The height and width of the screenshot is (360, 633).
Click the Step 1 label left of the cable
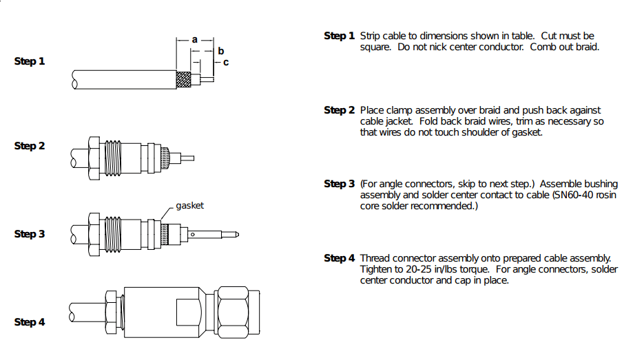click(x=30, y=61)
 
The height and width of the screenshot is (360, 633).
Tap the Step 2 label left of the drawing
click(x=30, y=146)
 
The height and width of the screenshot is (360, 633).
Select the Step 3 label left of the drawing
click(x=30, y=234)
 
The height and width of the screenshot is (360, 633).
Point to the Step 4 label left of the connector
click(x=30, y=322)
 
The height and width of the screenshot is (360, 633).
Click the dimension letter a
click(x=195, y=40)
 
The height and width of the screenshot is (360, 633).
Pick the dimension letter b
click(x=220, y=51)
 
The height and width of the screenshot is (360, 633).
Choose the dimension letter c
click(x=225, y=63)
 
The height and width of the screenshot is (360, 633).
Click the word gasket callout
click(x=189, y=206)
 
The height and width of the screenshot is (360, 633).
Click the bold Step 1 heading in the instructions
click(x=340, y=36)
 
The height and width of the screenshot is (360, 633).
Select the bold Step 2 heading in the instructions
click(x=340, y=110)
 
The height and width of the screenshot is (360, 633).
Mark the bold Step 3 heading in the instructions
click(x=340, y=184)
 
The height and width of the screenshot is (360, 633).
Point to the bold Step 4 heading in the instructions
click(x=340, y=258)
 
